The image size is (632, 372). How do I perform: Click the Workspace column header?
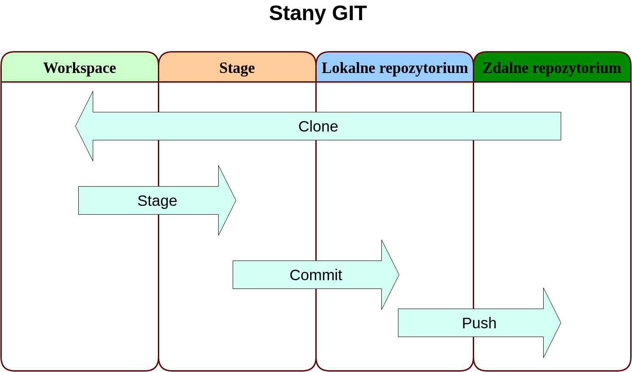(80, 68)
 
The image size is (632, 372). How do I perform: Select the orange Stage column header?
(237, 68)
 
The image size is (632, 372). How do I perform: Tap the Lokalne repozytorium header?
(395, 68)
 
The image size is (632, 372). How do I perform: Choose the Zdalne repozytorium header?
(552, 68)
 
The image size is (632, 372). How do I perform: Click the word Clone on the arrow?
(318, 126)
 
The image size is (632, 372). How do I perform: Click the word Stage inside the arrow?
(157, 201)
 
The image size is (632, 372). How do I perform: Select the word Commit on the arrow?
(315, 275)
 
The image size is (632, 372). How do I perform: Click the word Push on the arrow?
(479, 323)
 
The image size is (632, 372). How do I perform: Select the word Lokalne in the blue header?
(348, 68)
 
